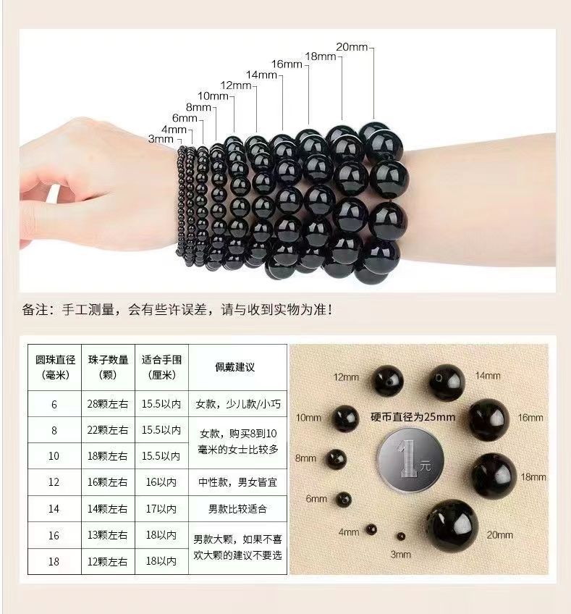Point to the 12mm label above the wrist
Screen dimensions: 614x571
click(235, 85)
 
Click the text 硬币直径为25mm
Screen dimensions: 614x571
click(413, 417)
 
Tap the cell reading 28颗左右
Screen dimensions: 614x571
click(108, 404)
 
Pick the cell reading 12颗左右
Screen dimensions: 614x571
click(108, 562)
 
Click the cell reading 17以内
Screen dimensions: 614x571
click(161, 509)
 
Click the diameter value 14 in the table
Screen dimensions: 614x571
click(54, 509)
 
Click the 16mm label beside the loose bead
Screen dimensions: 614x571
click(530, 418)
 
